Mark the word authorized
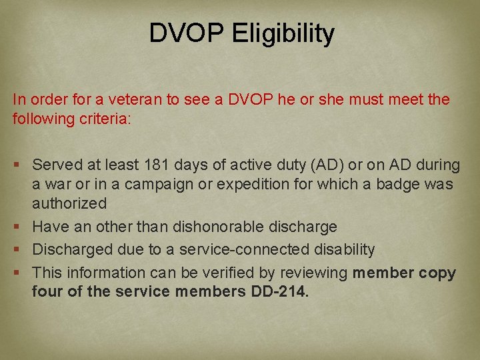[x=69, y=203]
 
